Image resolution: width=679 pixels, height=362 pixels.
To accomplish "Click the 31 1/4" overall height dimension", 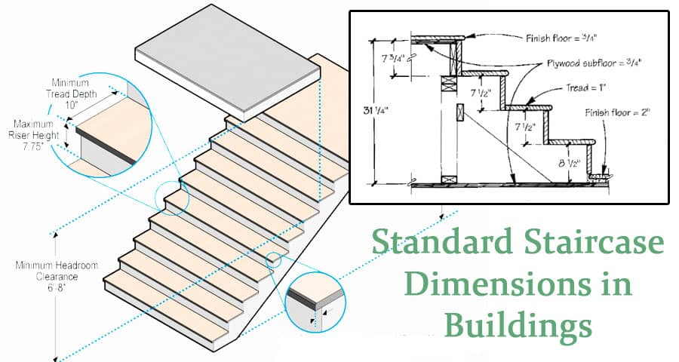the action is click(376, 111).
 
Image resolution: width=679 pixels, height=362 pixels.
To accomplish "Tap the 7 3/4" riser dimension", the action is click(393, 57).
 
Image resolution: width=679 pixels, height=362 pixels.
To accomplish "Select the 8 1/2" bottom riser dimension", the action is click(570, 164).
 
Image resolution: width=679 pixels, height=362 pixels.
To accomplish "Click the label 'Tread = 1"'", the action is click(585, 88).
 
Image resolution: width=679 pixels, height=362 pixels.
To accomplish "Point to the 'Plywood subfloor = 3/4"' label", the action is click(594, 63).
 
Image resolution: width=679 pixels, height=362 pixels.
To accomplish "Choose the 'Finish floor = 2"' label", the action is click(617, 112).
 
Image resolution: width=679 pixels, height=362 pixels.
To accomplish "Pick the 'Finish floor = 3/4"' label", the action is click(561, 38).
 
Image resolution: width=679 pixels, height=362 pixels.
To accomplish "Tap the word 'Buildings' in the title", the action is click(518, 326).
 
